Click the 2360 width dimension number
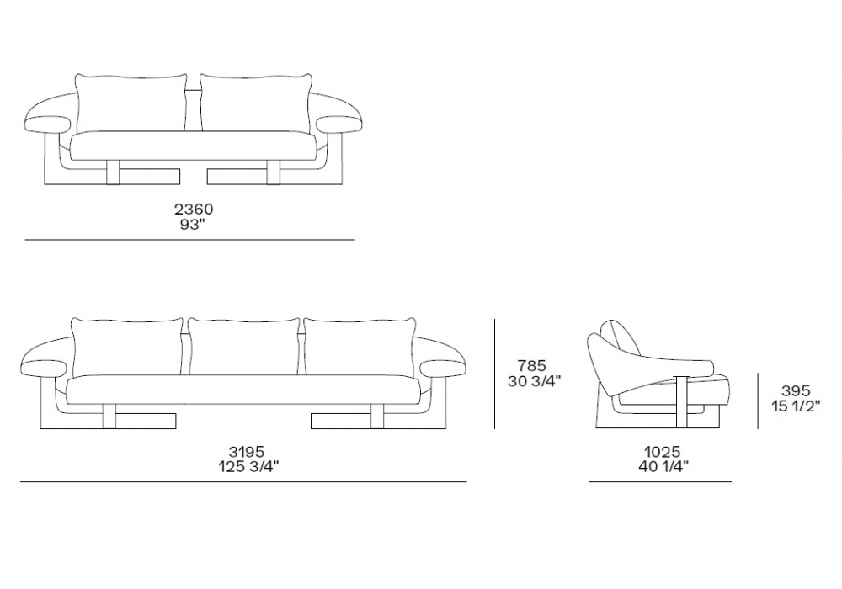pos(194,209)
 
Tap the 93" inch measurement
pos(194,225)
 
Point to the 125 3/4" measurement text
pos(248,467)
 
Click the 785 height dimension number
pos(531,366)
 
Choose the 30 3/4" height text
pos(535,381)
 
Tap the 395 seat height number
pos(796,390)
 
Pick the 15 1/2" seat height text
pos(797,406)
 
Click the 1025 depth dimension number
pos(663,452)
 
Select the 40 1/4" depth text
pos(663,467)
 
